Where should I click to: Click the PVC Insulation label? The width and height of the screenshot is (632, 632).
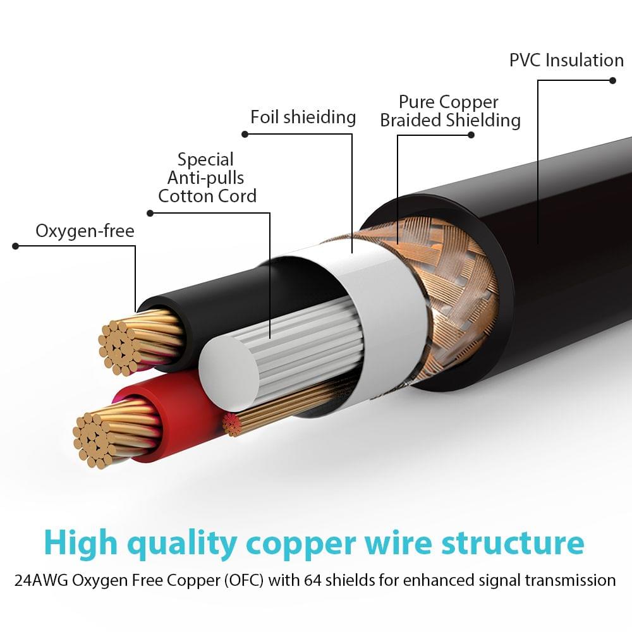(566, 61)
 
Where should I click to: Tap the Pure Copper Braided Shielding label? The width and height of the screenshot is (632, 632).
(450, 111)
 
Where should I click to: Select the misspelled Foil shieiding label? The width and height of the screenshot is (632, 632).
(303, 117)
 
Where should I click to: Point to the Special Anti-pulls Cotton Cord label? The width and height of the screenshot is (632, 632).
(207, 178)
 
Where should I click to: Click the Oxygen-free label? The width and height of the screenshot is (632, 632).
(85, 231)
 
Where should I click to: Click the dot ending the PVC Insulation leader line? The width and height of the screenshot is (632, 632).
(612, 80)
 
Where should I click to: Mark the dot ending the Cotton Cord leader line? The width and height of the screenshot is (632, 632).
(150, 213)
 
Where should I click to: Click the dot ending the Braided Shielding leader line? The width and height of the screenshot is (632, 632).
(471, 135)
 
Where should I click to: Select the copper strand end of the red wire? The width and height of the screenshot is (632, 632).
(95, 439)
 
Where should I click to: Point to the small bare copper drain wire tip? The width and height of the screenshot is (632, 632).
(232, 425)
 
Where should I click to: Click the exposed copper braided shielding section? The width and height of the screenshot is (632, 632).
(455, 278)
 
